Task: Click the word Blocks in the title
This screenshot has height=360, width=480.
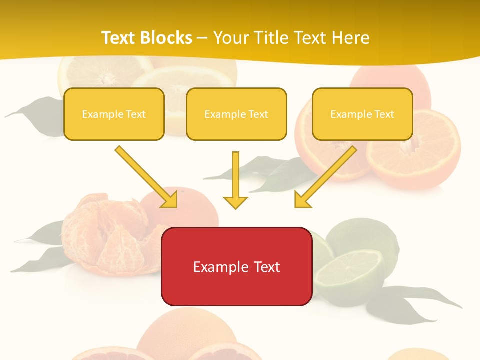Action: [x=167, y=38]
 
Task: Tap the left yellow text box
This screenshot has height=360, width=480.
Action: [x=114, y=114]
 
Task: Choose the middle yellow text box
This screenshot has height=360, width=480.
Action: [x=236, y=114]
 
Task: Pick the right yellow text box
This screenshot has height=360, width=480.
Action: [x=362, y=114]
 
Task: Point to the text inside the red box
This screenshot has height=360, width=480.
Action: [x=236, y=267]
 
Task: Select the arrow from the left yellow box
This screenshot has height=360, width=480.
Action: [x=145, y=176]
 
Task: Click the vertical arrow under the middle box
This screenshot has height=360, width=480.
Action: [x=235, y=175]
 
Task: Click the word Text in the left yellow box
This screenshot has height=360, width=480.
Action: [x=135, y=114]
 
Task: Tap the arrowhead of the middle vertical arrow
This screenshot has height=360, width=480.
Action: [x=235, y=202]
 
